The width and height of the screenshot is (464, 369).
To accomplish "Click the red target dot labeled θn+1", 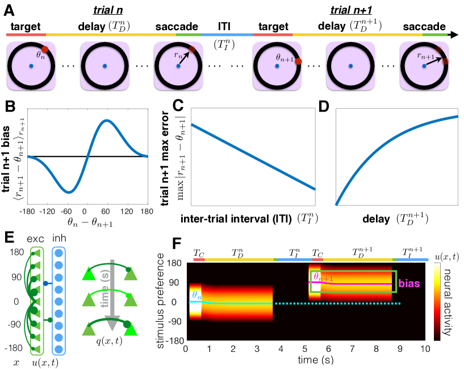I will pyautogui.click(x=298, y=63).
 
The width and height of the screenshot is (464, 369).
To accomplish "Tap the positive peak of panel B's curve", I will pyautogui.click(x=106, y=120).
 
